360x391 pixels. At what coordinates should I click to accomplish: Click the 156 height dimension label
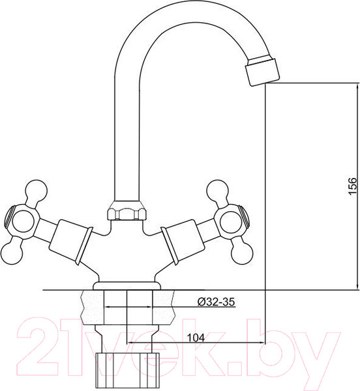pos(352,186)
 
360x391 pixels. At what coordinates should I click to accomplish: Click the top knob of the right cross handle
pos(215,190)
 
